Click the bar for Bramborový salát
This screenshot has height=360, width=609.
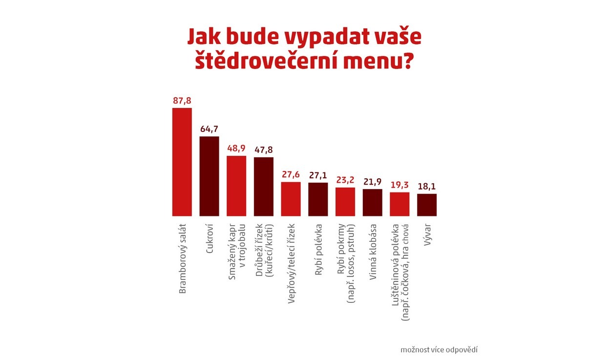182,162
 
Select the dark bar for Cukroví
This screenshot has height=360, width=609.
210,176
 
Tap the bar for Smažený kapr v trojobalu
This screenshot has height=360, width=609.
236,186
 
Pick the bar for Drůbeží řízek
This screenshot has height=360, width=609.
264,186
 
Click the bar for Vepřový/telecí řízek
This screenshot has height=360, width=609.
291,199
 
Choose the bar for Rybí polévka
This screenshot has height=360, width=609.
318,199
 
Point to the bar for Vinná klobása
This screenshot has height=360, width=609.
372,202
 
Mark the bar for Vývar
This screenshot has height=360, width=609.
427,205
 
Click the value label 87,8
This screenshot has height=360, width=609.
182,101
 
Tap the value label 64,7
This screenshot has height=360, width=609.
210,129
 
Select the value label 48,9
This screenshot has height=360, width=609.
236,148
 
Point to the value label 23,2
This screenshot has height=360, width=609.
345,180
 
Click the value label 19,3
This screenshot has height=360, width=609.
399,185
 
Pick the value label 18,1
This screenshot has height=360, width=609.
427,186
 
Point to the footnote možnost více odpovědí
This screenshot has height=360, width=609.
439,350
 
